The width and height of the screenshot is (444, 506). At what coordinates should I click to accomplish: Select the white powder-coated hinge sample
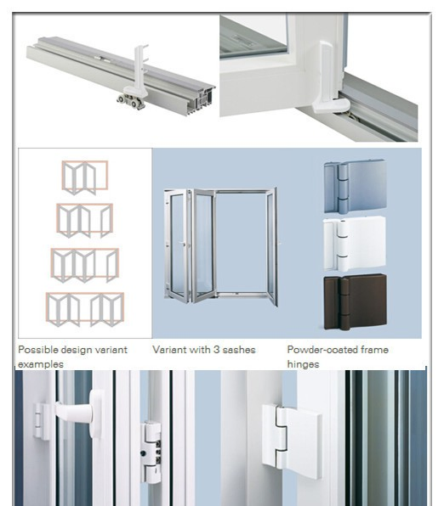pyautogui.click(x=354, y=244)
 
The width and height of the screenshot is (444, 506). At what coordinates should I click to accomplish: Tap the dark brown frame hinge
pyautogui.click(x=354, y=301)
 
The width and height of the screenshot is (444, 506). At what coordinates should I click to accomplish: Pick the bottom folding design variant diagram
pyautogui.click(x=84, y=309)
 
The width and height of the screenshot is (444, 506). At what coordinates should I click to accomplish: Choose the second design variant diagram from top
pyautogui.click(x=84, y=220)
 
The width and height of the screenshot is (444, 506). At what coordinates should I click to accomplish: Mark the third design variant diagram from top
pyautogui.click(x=84, y=264)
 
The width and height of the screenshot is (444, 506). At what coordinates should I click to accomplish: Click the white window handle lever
pyautogui.click(x=77, y=413)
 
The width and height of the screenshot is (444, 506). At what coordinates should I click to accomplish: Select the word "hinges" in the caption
pyautogui.click(x=303, y=364)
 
